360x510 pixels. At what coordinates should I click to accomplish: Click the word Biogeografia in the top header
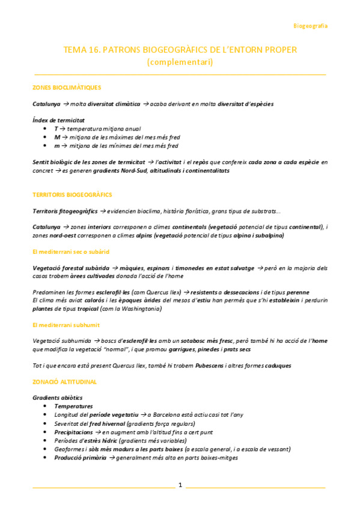[x=310, y=26]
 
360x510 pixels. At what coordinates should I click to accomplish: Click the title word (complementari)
[x=180, y=61]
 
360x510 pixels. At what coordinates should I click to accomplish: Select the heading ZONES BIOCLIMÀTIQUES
[x=67, y=87]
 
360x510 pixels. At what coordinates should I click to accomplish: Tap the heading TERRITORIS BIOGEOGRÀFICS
[x=72, y=195]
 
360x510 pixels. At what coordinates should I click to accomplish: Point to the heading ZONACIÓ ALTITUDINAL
[x=65, y=382]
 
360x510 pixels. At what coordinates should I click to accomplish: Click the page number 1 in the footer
[x=180, y=484]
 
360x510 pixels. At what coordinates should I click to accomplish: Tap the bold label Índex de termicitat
[x=58, y=120]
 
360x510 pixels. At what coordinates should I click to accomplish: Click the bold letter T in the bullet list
[x=56, y=129]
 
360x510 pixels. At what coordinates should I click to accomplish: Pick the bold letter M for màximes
[x=56, y=137]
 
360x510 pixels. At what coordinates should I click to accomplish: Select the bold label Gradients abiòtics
[x=57, y=398]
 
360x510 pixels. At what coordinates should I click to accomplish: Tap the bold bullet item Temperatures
[x=73, y=407]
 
